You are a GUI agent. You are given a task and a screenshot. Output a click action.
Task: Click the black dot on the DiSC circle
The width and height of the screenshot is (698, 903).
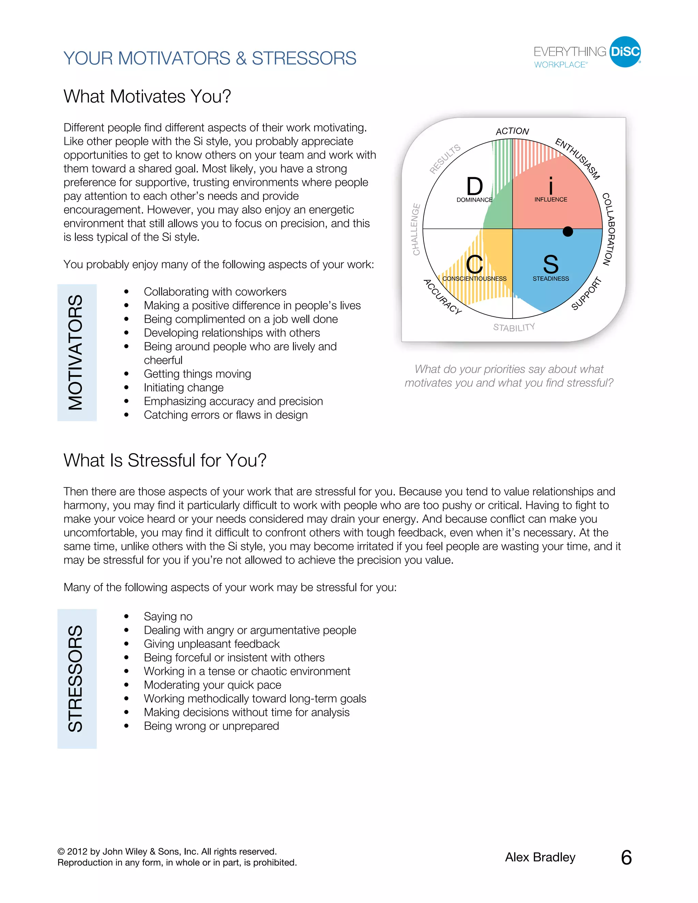pos(568,231)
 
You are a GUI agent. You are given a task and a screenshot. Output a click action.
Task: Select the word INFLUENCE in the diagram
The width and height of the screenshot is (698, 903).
pos(550,199)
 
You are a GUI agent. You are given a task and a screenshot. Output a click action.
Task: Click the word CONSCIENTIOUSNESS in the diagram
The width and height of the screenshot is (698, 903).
pos(474,279)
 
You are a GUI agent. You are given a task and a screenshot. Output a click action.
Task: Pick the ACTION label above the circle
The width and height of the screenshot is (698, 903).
pos(512,131)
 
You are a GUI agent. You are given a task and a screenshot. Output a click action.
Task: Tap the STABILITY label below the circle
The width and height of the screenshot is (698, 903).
pos(514,327)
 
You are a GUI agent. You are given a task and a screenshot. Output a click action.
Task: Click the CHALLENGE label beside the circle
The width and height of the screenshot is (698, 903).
pos(416,229)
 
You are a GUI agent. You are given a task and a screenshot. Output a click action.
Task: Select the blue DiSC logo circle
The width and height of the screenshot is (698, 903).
pos(625,52)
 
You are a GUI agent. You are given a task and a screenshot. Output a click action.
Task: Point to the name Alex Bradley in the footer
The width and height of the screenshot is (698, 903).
pos(540,857)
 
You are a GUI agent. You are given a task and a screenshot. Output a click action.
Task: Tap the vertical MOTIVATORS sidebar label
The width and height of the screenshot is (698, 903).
pos(76,352)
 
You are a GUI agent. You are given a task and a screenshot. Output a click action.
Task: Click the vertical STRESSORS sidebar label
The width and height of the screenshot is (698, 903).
pos(76,678)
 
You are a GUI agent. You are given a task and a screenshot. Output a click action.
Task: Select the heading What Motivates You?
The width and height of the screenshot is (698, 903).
pos(147,96)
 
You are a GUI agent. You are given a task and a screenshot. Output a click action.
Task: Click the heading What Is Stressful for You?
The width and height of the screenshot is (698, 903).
pos(165,460)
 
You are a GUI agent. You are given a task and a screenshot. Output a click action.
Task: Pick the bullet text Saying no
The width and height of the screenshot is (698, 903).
pos(168,616)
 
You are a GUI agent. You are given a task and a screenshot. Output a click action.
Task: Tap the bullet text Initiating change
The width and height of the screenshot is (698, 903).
pos(184,387)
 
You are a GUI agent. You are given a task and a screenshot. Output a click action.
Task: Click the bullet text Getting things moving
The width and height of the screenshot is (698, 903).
pos(197,374)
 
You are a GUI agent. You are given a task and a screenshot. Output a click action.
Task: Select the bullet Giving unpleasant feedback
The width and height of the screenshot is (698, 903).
pos(212,644)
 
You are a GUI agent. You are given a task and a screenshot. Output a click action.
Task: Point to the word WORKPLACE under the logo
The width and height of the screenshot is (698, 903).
pos(560,65)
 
